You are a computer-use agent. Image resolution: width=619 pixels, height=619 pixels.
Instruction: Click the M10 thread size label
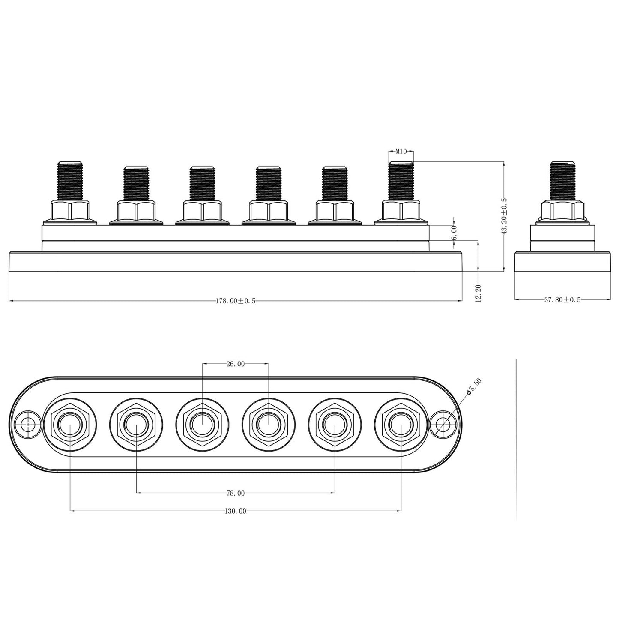click(401, 151)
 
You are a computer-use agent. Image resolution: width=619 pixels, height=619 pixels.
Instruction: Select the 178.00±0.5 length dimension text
click(236, 301)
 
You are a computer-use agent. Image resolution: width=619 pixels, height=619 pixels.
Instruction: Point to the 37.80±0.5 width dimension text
click(562, 300)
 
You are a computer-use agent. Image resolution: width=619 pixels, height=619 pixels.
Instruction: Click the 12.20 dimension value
click(478, 293)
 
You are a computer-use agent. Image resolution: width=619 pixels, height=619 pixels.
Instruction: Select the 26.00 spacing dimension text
click(236, 364)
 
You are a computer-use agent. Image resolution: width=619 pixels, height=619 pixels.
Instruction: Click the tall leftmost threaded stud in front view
click(70, 180)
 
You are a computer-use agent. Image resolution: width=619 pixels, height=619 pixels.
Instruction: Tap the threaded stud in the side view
click(562, 180)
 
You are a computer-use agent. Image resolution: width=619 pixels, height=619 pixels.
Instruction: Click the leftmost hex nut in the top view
click(70, 425)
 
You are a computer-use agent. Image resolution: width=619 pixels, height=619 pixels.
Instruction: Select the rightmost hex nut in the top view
click(401, 425)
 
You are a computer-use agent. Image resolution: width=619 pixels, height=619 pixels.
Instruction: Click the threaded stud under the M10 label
click(401, 180)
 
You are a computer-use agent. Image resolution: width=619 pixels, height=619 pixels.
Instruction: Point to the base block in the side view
click(562, 262)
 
